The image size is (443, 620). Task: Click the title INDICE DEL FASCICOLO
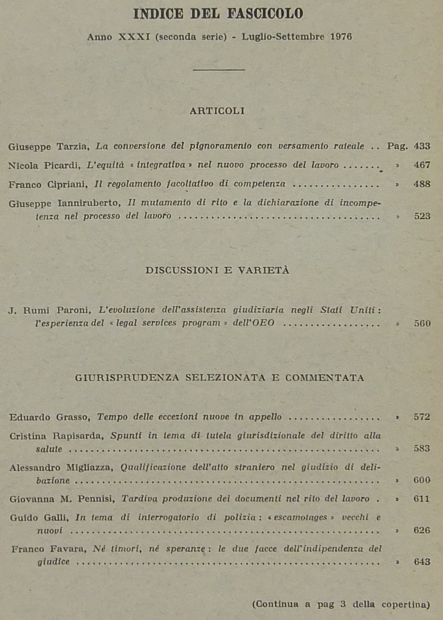pyautogui.click(x=218, y=14)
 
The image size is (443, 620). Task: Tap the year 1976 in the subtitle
pyautogui.click(x=341, y=37)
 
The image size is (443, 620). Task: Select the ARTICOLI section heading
pyautogui.click(x=217, y=111)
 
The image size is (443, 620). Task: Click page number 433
pyautogui.click(x=422, y=146)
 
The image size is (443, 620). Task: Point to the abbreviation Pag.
pyautogui.click(x=397, y=146)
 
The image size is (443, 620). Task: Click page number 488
pyautogui.click(x=422, y=184)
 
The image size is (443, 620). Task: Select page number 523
pyautogui.click(x=422, y=216)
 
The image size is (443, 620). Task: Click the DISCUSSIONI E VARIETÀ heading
pyautogui.click(x=217, y=270)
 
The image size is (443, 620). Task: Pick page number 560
pyautogui.click(x=422, y=323)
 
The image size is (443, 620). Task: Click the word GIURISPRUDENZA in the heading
pyautogui.click(x=127, y=378)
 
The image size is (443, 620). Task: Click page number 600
pyautogui.click(x=422, y=480)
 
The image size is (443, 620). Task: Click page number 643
pyautogui.click(x=422, y=562)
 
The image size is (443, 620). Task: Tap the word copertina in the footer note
pyautogui.click(x=405, y=604)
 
